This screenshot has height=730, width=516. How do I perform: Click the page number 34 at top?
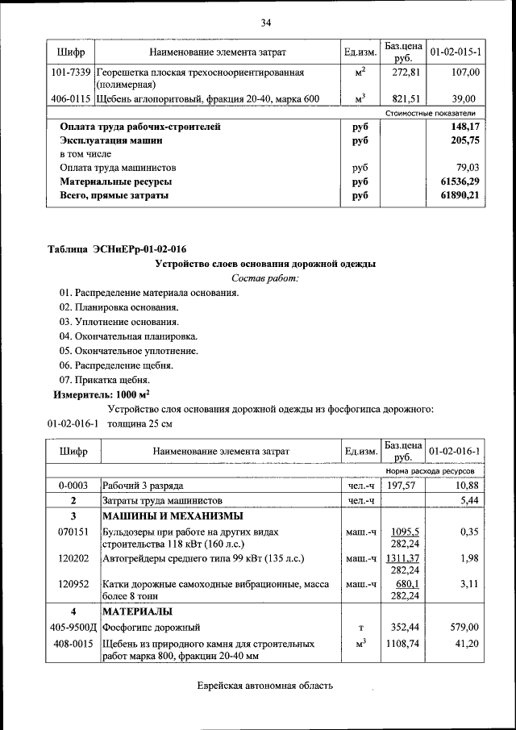pyautogui.click(x=265, y=22)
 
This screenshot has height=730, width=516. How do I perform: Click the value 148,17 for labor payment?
pyautogui.click(x=466, y=127)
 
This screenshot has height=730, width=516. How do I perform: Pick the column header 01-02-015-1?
pyautogui.click(x=456, y=52)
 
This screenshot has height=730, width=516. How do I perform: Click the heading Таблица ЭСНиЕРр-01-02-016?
pyautogui.click(x=123, y=248)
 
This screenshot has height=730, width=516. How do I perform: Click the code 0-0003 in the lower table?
pyautogui.click(x=72, y=486)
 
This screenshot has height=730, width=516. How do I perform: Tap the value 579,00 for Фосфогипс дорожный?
pyautogui.click(x=465, y=627)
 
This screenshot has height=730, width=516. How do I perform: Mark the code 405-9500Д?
pyautogui.click(x=72, y=627)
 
